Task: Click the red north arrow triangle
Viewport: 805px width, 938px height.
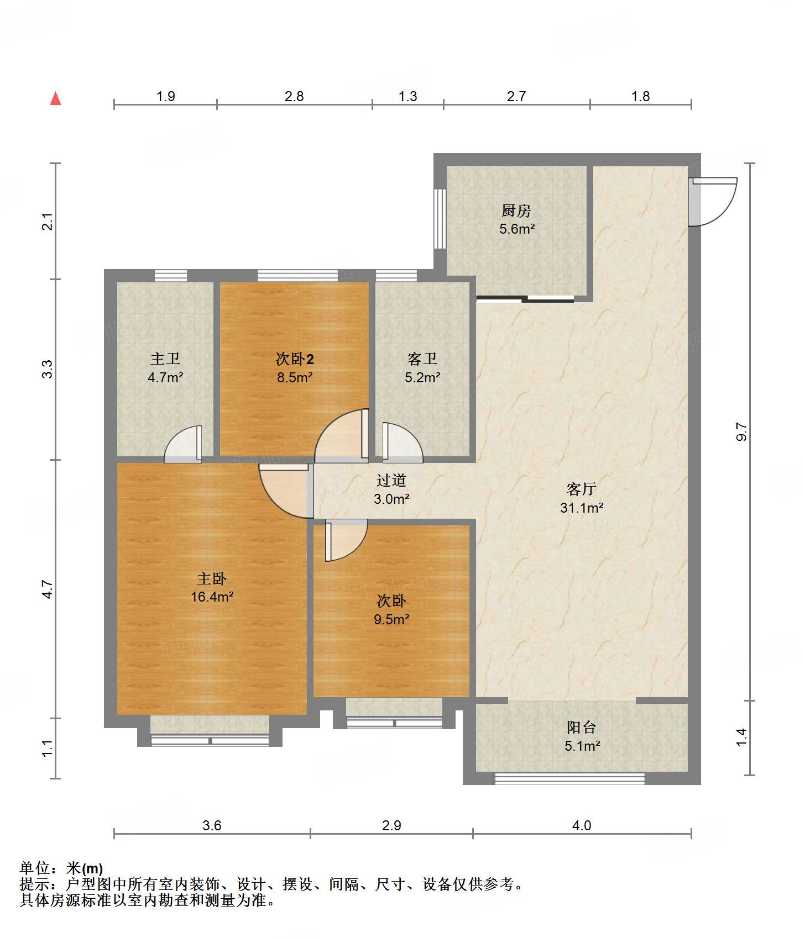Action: point(55,98)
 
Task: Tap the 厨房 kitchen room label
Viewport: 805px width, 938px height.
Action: point(516,210)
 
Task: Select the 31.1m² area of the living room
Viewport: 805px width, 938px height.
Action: point(582,507)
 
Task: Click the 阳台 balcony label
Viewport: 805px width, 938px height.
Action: point(582,728)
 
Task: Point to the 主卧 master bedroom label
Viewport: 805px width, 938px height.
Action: point(212,578)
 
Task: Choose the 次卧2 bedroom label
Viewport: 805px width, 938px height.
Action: point(295,359)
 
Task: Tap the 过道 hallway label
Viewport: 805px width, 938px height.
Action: point(391,481)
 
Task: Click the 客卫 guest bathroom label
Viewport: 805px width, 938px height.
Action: point(422,359)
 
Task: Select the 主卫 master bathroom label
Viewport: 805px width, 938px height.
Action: point(165,359)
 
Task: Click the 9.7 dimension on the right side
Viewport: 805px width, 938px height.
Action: point(742,431)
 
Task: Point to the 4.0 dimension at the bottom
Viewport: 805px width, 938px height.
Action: point(582,825)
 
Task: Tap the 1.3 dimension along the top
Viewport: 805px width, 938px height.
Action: point(408,96)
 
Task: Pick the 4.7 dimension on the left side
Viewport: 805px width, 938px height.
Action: point(48,589)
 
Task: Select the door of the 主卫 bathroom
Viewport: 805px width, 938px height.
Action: point(183,444)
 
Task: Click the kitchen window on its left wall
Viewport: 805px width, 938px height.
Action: point(440,219)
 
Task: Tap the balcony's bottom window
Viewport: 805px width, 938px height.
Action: point(569,778)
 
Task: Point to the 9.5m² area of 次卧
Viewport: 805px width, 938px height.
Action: point(391,619)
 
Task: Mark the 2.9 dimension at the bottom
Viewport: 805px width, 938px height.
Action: point(391,825)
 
